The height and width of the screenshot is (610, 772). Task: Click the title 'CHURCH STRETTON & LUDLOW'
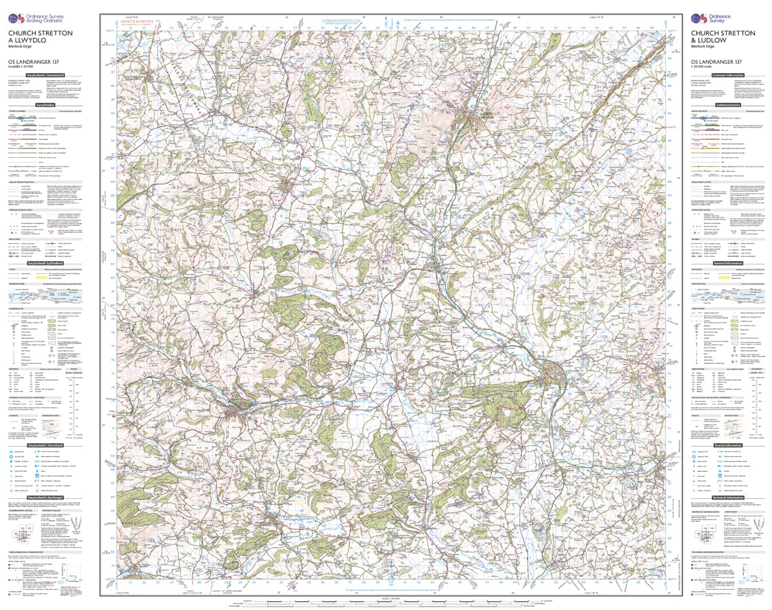coord(722,37)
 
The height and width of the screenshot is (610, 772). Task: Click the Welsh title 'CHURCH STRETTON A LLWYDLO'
coord(40,37)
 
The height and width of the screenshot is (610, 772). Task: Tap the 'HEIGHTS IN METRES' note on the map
coord(135,22)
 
